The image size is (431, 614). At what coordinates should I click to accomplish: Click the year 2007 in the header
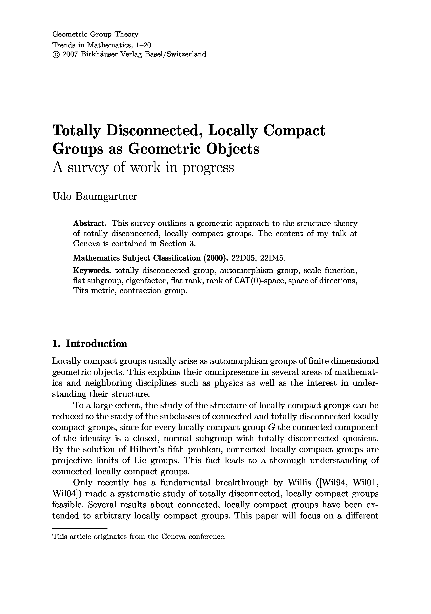point(70,54)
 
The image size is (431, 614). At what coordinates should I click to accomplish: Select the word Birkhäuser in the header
point(99,54)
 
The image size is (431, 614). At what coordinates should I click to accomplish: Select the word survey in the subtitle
point(88,168)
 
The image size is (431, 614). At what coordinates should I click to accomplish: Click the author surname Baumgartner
point(106,197)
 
